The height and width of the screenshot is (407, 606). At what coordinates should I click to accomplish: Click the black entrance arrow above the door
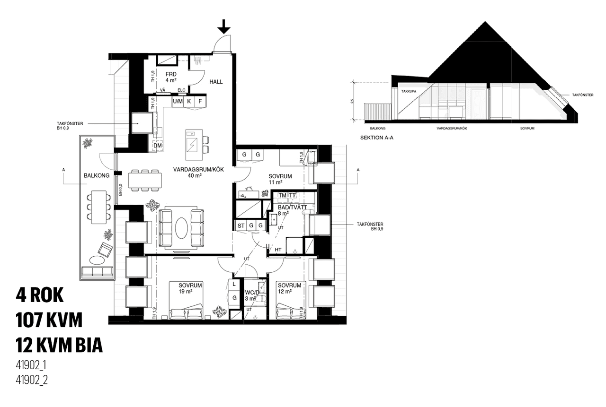point(224,26)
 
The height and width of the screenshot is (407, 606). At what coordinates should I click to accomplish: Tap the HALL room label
point(215,82)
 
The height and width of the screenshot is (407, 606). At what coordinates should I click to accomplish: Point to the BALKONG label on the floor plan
point(97,175)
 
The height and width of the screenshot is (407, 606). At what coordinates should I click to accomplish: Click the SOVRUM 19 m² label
point(190,288)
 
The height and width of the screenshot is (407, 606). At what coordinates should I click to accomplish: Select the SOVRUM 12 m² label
point(290,288)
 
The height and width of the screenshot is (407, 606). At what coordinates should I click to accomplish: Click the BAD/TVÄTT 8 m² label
point(293,210)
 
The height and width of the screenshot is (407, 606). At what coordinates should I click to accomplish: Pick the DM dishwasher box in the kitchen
point(158,146)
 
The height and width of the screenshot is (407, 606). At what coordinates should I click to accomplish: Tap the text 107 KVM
point(49,320)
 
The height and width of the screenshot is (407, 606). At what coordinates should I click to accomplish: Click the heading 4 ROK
point(40,295)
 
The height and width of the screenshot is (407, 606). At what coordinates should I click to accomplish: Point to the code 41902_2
point(32,380)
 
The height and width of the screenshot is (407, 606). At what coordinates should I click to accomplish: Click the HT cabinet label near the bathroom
point(278,250)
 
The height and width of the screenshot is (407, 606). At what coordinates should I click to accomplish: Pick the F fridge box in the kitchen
point(200,101)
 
